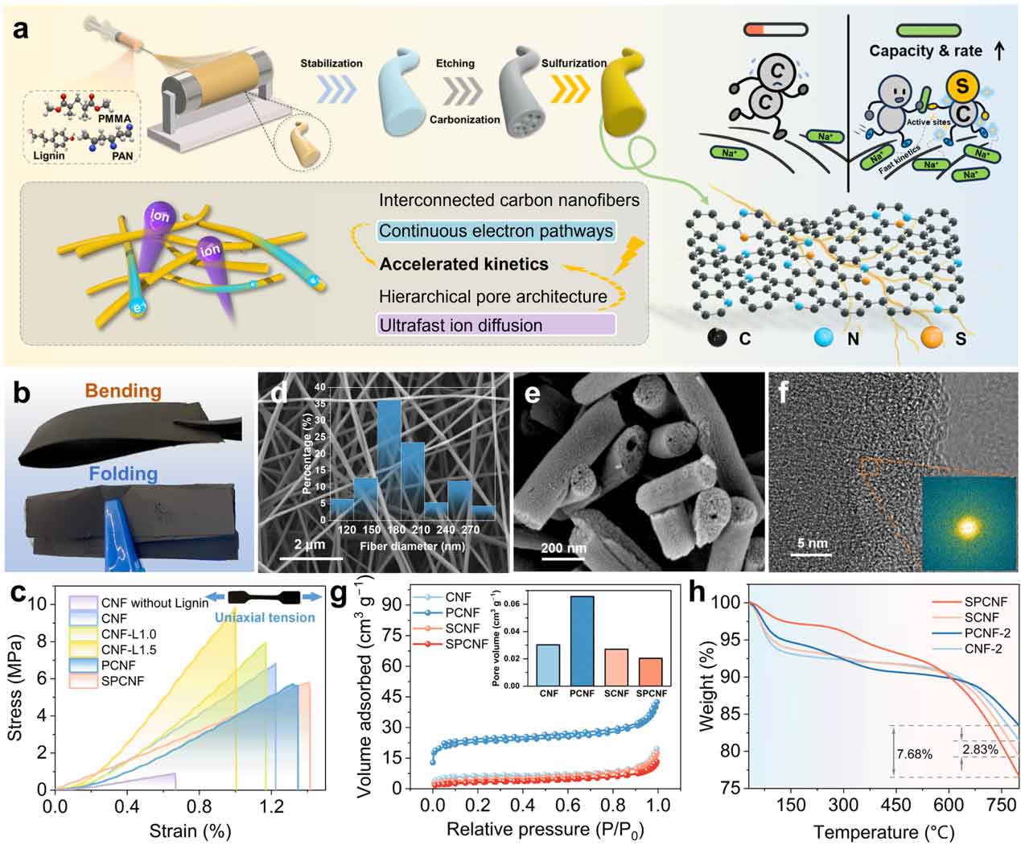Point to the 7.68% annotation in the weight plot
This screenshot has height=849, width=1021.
tap(913, 754)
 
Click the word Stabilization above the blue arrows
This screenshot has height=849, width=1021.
tap(331, 63)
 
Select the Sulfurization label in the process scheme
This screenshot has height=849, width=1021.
tap(574, 63)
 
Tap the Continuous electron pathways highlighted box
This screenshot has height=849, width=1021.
tap(496, 231)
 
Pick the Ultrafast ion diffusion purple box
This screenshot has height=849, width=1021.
tap(496, 325)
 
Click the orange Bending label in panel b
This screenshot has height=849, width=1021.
tap(123, 391)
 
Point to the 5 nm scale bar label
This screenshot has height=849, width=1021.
tap(812, 542)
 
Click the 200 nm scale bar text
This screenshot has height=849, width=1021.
tap(563, 548)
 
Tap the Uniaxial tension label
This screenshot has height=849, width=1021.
tap(265, 617)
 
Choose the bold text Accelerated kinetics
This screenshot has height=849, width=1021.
tap(463, 264)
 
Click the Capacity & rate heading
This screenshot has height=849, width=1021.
tap(925, 52)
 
